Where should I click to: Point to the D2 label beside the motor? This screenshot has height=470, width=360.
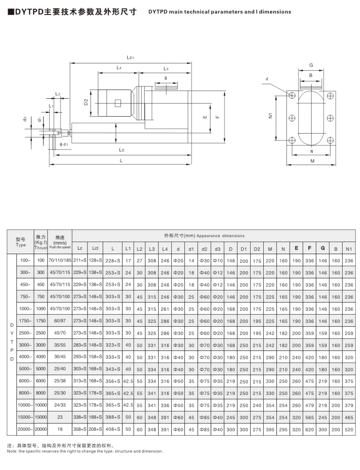coord(85,102)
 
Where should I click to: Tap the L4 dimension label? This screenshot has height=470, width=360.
coord(119,68)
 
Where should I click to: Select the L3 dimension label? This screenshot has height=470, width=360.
coord(165,69)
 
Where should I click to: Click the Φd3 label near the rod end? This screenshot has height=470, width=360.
coord(64,144)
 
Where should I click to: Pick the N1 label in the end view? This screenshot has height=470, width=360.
coord(270,116)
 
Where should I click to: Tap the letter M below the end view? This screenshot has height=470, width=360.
coord(312,161)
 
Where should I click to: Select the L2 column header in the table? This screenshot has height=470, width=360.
coord(139,248)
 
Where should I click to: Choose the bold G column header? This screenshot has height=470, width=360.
coord(322,248)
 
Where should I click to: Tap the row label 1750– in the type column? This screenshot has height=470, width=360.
coord(25,320)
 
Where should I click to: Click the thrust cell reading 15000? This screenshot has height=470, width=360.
coord(41,416)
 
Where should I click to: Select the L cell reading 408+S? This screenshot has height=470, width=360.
coord(112,428)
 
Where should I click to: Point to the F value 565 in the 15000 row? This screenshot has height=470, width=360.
coord(308,416)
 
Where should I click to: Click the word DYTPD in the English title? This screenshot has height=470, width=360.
coord(159,11)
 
